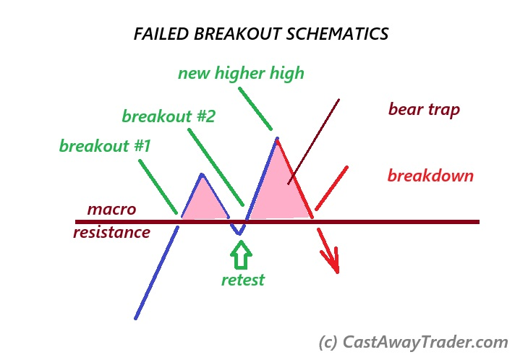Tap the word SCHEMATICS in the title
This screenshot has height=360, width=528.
(338, 34)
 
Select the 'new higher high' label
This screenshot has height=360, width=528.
(241, 73)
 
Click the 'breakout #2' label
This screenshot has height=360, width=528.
(169, 116)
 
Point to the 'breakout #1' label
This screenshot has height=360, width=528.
(105, 146)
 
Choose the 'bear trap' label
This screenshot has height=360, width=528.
(425, 110)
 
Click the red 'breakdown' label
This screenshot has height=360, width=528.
(430, 176)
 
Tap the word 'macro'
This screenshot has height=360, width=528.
(112, 210)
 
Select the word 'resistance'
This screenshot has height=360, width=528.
(112, 233)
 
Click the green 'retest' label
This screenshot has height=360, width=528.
(243, 280)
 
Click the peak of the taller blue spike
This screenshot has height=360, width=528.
(277, 138)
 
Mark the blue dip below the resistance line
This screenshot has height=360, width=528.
(239, 232)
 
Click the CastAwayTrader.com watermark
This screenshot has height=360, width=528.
(413, 342)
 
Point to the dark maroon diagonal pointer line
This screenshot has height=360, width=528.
(313, 142)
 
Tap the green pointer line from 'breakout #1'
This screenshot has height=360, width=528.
(158, 187)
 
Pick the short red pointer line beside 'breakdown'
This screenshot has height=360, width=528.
(331, 188)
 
